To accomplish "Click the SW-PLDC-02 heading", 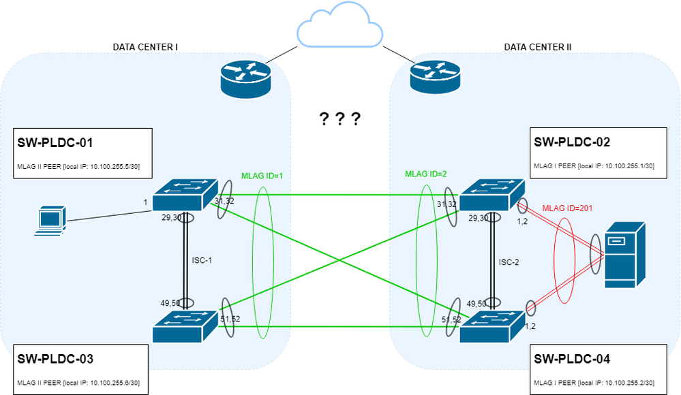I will [x=572, y=142].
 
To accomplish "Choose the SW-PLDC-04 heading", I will [x=572, y=359].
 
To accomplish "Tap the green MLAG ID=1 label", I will [x=262, y=176].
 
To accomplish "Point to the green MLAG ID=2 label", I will [x=426, y=174].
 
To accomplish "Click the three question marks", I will [x=339, y=120].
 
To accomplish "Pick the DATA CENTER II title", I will [x=537, y=47].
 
